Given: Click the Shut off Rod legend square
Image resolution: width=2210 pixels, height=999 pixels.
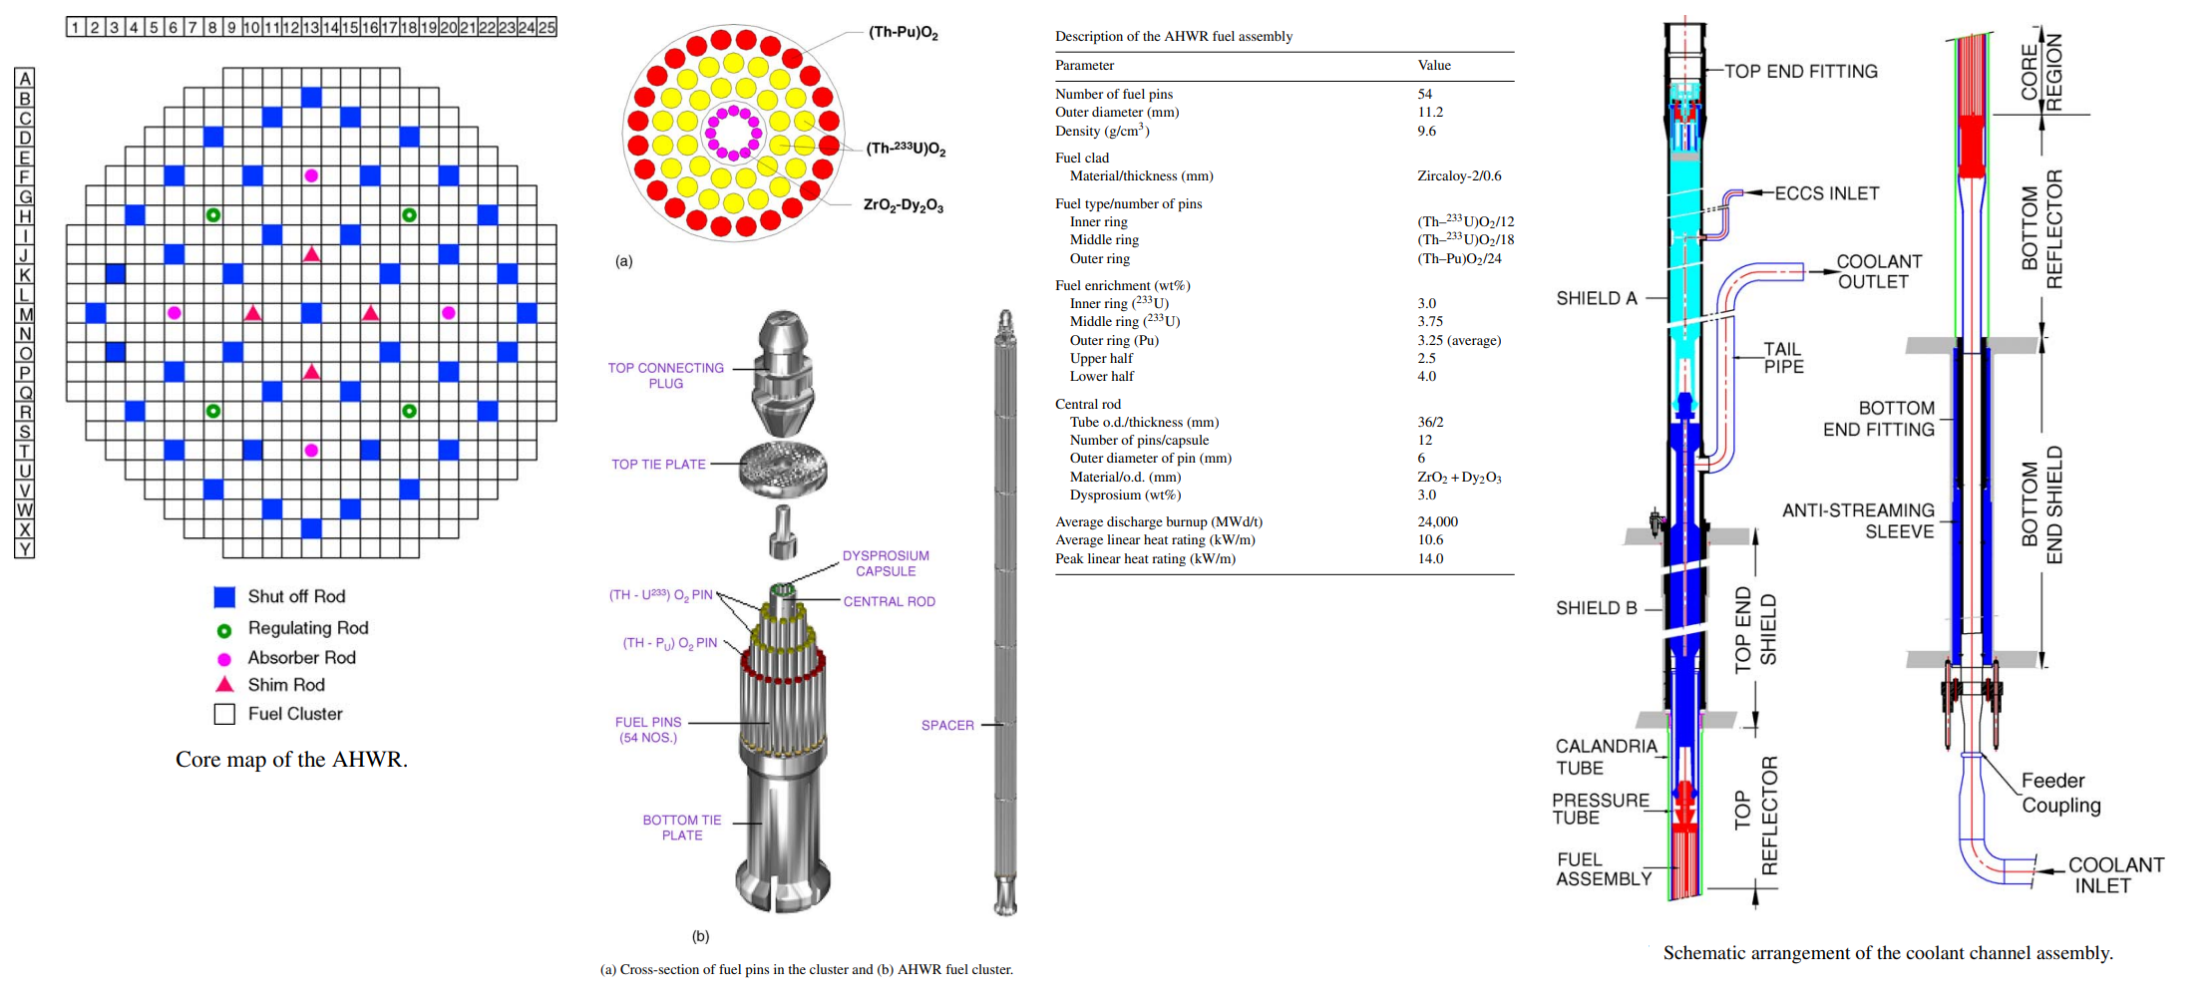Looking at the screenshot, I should click(x=224, y=597).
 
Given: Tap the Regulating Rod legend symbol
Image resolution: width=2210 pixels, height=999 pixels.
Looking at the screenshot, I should click(x=224, y=630).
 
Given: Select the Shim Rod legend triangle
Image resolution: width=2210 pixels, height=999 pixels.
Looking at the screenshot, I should click(x=224, y=685).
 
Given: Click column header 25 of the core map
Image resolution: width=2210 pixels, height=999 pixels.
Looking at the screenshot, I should click(x=547, y=27).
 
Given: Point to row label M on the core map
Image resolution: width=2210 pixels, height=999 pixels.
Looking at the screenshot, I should click(x=25, y=314).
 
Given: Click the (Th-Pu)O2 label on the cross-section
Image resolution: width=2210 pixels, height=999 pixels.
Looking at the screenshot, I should click(x=903, y=33).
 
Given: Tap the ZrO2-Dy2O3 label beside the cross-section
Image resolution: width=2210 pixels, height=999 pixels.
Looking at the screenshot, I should click(x=903, y=205).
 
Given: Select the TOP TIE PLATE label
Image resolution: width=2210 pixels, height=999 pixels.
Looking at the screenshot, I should click(x=658, y=465).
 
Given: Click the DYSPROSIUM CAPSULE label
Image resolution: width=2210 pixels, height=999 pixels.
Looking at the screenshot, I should click(x=886, y=563).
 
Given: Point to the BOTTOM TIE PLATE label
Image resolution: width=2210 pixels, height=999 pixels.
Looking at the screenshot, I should click(x=682, y=828).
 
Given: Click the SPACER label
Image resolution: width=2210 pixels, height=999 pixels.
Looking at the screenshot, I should click(x=947, y=726).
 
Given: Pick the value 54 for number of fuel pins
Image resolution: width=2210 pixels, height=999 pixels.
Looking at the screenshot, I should click(x=1425, y=95).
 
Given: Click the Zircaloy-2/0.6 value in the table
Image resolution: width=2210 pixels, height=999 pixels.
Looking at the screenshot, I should click(x=1459, y=176).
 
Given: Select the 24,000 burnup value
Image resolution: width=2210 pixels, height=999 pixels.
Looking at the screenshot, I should click(x=1437, y=522).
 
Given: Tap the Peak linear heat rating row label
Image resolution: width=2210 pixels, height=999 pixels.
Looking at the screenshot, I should click(x=1145, y=559).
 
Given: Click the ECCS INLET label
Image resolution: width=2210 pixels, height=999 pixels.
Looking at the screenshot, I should click(x=1826, y=193).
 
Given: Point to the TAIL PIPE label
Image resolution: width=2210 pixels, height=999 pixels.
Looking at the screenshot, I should click(x=1783, y=358).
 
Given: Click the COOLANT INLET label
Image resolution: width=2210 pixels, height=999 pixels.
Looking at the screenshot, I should click(x=2115, y=875).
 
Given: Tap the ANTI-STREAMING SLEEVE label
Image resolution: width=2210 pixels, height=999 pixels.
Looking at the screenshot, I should click(x=1859, y=520).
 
